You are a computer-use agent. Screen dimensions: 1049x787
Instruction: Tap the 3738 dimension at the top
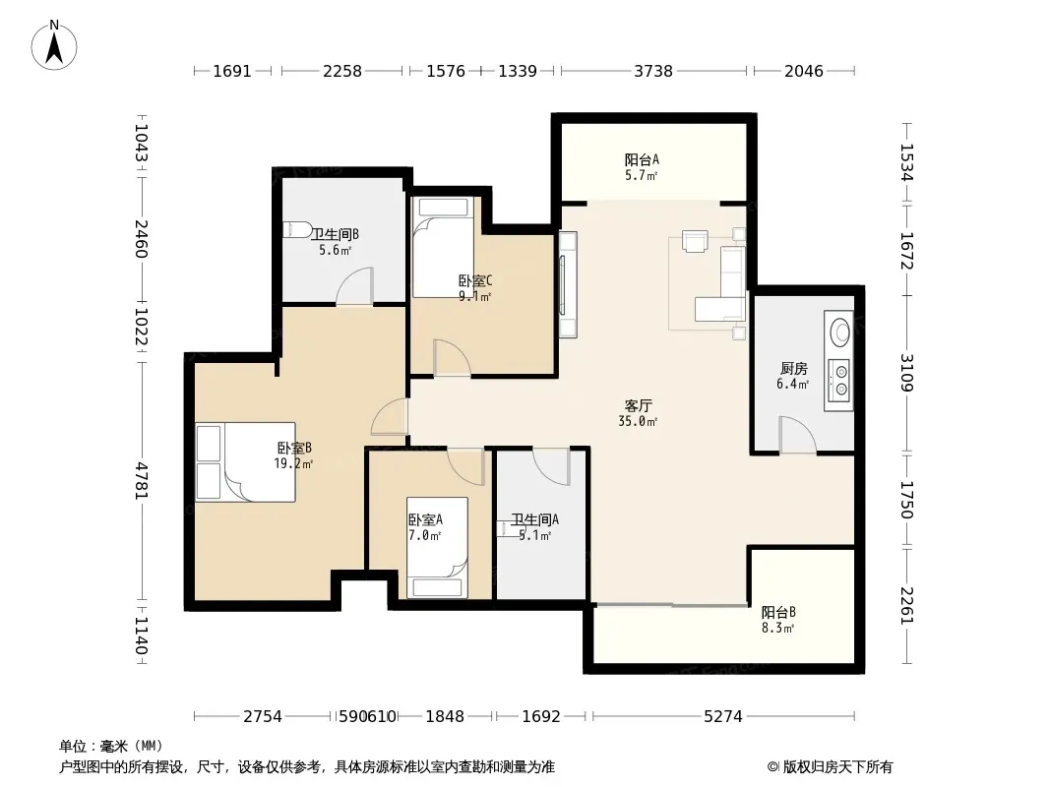click(653, 71)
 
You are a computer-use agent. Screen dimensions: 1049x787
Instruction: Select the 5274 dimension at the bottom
click(723, 716)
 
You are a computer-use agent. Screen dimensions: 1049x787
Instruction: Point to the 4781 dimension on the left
click(141, 480)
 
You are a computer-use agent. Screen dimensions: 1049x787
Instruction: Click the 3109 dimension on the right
click(906, 373)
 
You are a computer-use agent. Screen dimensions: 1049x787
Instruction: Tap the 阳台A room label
click(642, 159)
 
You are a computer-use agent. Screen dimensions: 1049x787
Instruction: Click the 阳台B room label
click(778, 612)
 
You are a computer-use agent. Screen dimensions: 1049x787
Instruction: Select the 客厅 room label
click(639, 406)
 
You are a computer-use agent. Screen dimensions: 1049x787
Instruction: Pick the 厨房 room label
click(793, 369)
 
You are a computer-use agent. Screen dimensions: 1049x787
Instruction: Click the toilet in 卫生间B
click(298, 229)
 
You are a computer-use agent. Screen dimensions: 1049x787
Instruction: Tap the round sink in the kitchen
click(839, 331)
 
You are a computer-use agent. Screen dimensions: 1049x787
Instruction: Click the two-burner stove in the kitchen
click(839, 381)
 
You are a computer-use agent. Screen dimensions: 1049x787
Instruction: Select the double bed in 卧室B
click(246, 462)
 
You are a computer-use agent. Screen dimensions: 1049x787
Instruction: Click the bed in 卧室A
click(438, 547)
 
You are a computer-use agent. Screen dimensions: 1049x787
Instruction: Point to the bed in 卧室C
click(443, 247)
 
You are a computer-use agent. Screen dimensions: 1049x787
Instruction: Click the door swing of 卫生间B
click(354, 286)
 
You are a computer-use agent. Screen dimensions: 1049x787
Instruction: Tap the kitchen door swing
click(798, 435)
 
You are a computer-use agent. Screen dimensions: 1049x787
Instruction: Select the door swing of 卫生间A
click(551, 466)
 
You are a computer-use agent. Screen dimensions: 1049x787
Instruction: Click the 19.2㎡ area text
click(293, 463)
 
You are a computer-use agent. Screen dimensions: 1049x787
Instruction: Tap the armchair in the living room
click(695, 241)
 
